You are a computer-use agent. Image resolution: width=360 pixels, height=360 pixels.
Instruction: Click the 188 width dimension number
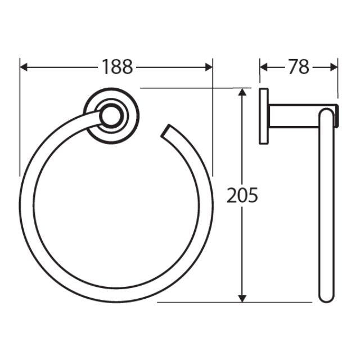118,67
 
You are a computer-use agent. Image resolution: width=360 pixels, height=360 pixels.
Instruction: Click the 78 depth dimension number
299,67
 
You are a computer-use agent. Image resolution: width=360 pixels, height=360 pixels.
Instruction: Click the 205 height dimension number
242,195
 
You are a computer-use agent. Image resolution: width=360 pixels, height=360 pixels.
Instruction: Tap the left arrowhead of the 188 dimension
24,67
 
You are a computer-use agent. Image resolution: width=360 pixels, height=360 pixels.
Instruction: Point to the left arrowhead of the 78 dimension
263,67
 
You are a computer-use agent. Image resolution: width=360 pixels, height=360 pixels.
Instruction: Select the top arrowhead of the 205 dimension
242,92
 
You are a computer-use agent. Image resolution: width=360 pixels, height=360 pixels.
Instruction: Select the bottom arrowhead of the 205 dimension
242,298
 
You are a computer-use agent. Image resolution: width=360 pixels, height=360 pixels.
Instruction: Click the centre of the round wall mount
111,116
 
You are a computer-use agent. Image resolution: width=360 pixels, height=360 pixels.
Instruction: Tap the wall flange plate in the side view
264,116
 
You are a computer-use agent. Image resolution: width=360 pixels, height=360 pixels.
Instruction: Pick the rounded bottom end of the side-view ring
326,297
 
